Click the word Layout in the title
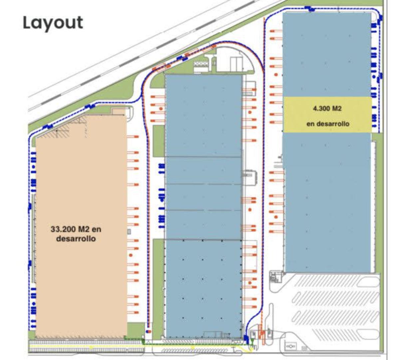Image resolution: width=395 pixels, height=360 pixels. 53,23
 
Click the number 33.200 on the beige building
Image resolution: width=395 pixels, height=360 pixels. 63,229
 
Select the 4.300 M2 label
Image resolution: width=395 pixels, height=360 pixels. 327,108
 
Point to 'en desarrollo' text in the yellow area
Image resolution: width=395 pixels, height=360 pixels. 328,124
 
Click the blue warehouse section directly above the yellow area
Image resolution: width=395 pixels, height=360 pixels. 327,55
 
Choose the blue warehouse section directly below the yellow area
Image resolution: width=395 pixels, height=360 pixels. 327,203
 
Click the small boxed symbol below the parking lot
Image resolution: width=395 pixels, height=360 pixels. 291,346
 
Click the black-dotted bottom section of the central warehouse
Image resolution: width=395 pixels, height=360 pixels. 203,288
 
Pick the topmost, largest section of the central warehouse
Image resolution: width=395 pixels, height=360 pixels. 203,116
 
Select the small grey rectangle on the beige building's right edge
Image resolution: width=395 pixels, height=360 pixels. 129,232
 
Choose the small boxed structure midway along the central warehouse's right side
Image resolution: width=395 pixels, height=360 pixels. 249,177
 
